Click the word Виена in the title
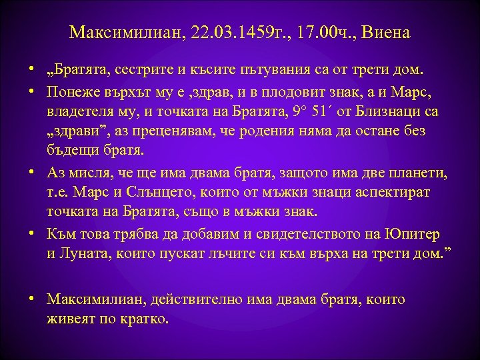(389, 33)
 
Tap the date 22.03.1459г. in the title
(227, 33)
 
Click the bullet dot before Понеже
(32, 91)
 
